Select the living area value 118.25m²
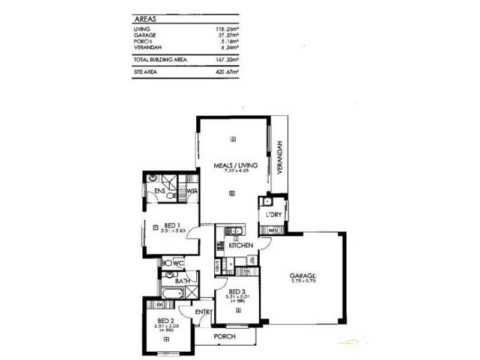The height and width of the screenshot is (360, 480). pos(227,29)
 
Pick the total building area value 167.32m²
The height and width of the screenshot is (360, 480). pos(227,60)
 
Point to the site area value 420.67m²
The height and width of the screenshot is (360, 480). pos(227,73)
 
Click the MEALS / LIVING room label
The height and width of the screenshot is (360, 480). pos(236,165)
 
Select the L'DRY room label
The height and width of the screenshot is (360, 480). pos(268,215)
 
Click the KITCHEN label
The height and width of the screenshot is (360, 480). pos(240,246)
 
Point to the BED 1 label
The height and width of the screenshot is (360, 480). pos(173,226)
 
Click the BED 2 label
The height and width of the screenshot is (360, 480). pos(165,320)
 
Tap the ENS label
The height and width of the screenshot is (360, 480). pos(160,191)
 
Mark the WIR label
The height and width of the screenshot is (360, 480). pos(192,191)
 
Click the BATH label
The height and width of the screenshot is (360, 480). pos(182,280)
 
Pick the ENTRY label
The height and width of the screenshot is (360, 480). pos(203,311)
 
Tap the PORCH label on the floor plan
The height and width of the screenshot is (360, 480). pos(224,337)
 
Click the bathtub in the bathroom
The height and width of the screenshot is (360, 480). pos(173,293)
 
